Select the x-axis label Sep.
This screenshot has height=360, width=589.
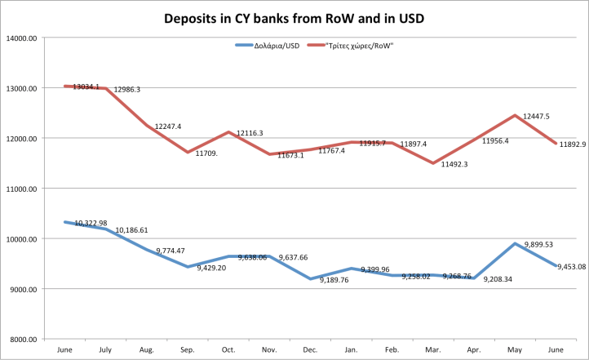[188, 349]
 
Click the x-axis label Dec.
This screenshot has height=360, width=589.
[311, 349]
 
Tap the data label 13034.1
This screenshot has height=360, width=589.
[86, 87]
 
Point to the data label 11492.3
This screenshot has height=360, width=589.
[454, 165]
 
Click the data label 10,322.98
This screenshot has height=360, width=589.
[91, 223]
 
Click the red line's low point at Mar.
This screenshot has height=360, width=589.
[434, 163]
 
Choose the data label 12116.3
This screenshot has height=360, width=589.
[250, 132]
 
